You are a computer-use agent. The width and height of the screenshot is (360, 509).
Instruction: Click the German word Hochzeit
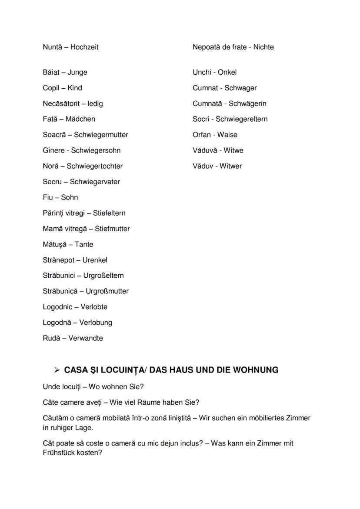84,47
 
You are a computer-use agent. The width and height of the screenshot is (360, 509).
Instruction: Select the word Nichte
263,47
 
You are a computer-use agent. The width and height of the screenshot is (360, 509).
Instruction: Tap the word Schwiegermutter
101,135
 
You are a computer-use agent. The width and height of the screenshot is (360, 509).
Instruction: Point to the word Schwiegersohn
96,150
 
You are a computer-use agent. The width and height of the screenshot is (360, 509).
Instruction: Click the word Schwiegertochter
95,166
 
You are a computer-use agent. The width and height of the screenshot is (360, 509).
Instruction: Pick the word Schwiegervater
95,182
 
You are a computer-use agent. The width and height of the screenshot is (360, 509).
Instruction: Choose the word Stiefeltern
109,213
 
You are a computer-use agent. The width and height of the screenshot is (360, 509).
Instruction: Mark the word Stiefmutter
112,229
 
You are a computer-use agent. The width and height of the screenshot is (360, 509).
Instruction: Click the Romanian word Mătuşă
54,244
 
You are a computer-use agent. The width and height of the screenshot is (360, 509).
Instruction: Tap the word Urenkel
95,260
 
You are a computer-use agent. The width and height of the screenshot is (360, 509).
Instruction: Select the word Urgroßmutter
107,291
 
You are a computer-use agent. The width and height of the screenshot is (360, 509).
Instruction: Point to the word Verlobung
96,323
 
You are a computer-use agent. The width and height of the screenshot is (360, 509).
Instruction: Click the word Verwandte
86,338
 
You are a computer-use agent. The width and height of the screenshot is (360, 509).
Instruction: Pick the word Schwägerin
247,103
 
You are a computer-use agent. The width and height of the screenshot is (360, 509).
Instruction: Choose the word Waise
227,135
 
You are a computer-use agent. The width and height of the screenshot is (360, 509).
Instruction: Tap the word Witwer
230,166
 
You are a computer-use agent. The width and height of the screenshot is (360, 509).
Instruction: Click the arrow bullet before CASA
57,370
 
